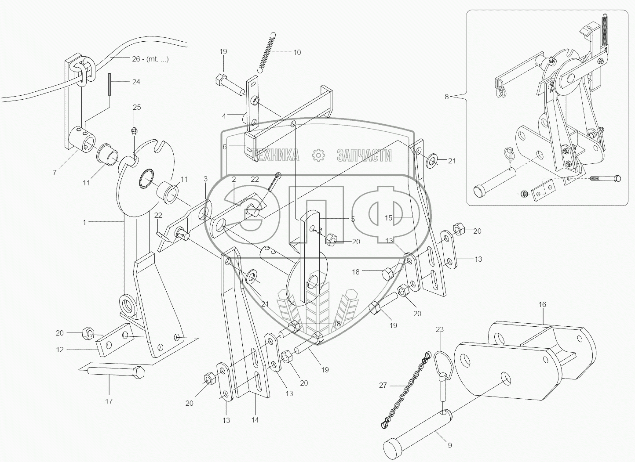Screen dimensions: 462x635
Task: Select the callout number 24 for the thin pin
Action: click(x=136, y=82)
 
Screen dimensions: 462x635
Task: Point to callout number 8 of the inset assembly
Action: click(x=447, y=97)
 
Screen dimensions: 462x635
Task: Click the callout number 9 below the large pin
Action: click(x=449, y=445)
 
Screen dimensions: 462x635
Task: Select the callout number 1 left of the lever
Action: click(x=84, y=222)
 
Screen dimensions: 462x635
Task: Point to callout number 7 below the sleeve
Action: click(x=55, y=173)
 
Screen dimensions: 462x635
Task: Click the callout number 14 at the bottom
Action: click(x=255, y=420)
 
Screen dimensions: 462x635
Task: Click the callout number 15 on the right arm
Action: click(x=389, y=217)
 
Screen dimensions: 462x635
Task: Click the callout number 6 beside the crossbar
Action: click(x=225, y=147)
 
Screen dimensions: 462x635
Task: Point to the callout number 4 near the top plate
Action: click(x=224, y=116)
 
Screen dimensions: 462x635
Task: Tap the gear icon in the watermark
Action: click(x=318, y=155)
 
